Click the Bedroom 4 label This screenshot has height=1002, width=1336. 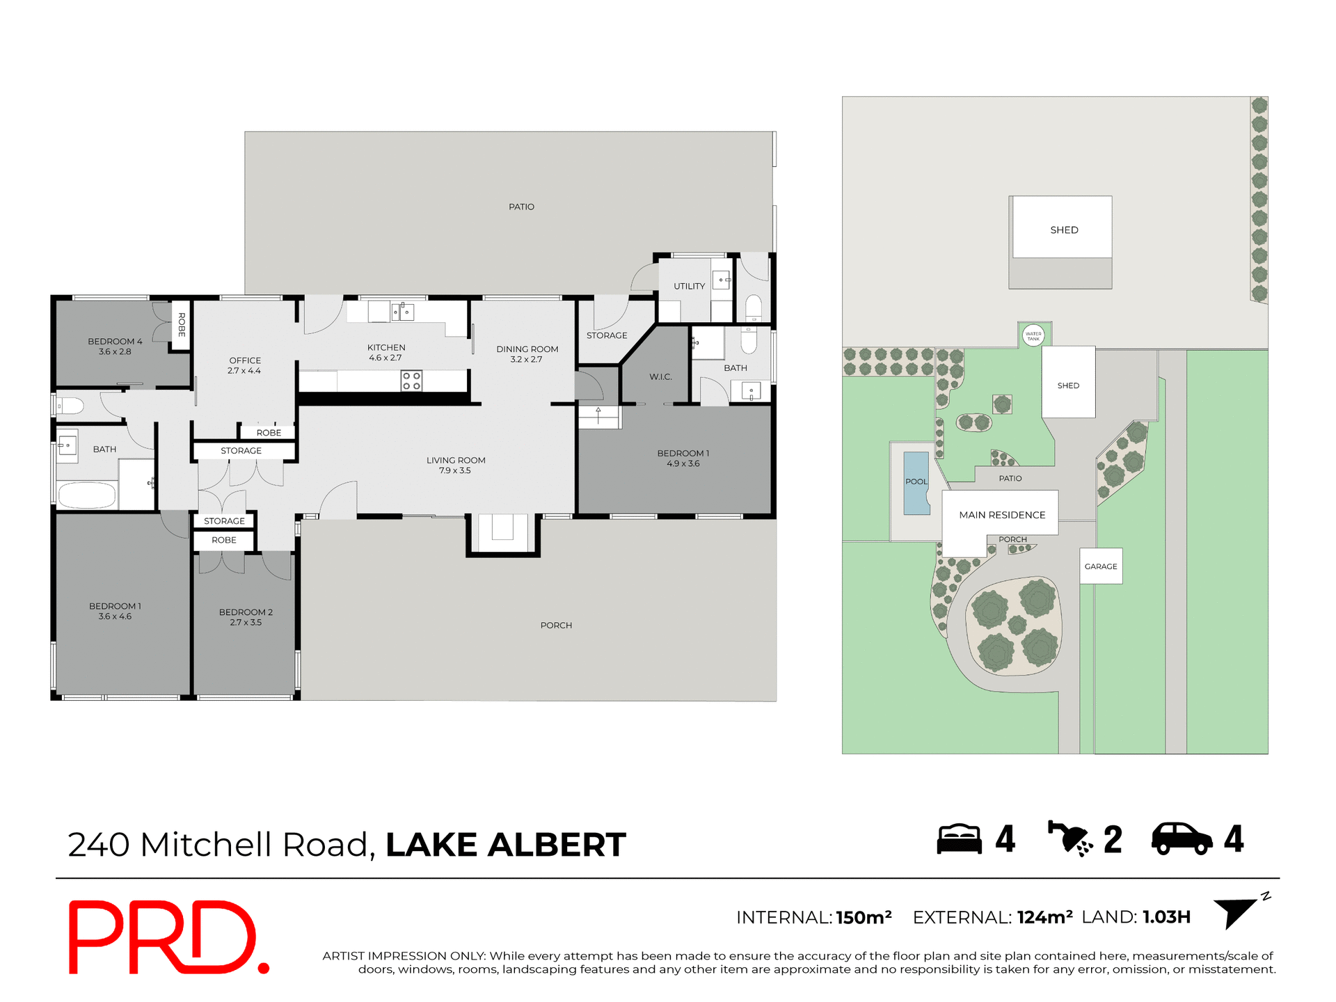tap(115, 346)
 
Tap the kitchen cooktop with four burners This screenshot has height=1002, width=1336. tap(411, 381)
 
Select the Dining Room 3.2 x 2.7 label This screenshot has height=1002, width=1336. tap(527, 354)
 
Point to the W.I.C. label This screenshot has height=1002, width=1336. tap(660, 376)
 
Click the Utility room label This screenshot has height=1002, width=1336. tap(689, 286)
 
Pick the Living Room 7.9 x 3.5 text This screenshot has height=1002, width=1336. tap(456, 465)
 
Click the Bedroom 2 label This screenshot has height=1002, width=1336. tap(246, 617)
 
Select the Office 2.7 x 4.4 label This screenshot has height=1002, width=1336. tap(245, 365)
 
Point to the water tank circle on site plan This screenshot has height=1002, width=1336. tap(1033, 335)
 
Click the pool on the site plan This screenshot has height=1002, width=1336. tap(916, 482)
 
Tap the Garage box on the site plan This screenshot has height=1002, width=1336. tap(1101, 566)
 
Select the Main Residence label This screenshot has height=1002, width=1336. tap(1002, 515)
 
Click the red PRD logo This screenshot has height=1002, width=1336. tap(167, 937)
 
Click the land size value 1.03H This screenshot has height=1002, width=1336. tap(1166, 917)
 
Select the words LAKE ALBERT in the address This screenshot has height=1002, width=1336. tap(506, 845)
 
